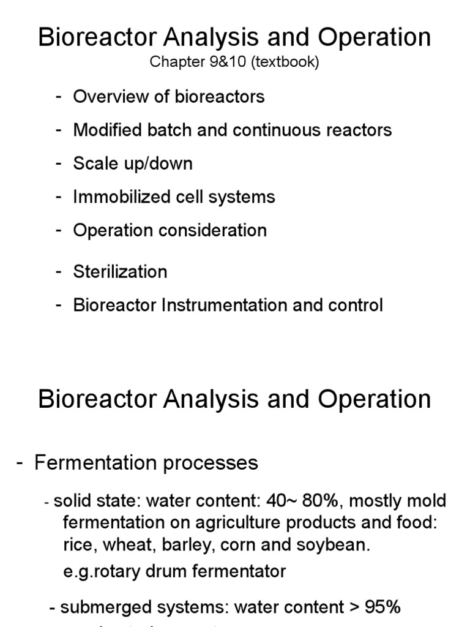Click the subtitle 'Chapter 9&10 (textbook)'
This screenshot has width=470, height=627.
pyautogui.click(x=235, y=63)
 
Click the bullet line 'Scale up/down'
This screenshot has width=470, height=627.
pyautogui.click(x=133, y=163)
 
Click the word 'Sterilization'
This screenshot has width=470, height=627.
pyautogui.click(x=120, y=271)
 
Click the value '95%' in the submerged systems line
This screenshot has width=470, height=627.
pyautogui.click(x=382, y=607)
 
